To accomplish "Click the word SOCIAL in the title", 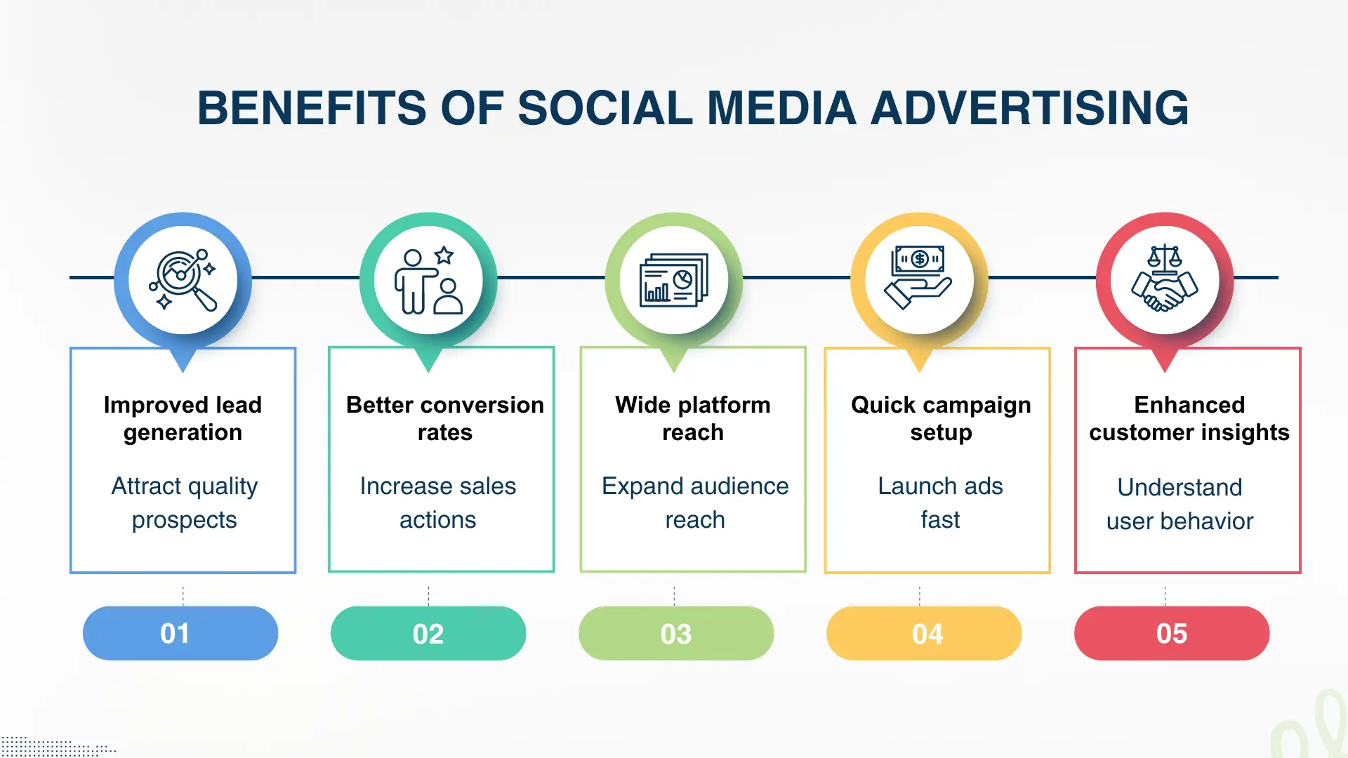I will point(604,109).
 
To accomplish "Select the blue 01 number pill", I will point(180,634).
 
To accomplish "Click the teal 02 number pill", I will point(428,634).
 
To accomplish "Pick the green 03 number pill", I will point(676,634).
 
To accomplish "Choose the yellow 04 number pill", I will point(924,634).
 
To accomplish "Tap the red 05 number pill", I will point(1172,634).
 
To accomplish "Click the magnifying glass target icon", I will point(183,280).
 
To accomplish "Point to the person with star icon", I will point(428,280).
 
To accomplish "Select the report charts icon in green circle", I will point(674,280).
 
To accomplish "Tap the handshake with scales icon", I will point(1165,279).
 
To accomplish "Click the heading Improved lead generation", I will point(183,418).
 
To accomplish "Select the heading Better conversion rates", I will point(444,418).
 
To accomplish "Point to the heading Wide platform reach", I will point(693,418).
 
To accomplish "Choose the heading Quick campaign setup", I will point(941,418).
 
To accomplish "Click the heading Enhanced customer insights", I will point(1189,418).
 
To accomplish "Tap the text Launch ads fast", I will point(940,503).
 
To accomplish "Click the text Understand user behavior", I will point(1179,504).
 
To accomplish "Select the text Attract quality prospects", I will point(184,503).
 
